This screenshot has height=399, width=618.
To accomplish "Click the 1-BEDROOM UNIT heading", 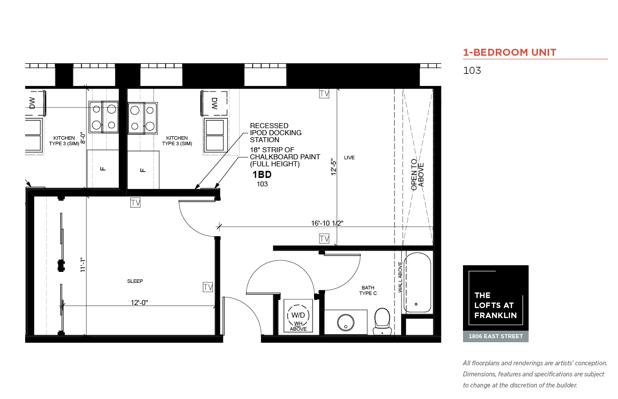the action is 509,52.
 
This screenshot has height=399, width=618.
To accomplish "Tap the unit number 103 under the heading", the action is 472,70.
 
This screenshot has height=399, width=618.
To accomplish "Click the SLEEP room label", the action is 135,281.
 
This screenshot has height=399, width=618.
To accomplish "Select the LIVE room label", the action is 349,158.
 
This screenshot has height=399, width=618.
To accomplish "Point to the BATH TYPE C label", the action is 368,290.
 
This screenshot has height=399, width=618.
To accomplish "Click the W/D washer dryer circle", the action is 298,315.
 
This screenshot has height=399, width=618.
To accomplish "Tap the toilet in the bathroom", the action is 382,321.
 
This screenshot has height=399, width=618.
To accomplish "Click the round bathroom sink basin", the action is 346,323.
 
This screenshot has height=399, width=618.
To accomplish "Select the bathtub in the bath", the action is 417,282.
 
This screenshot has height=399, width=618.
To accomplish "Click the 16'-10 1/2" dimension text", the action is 327,223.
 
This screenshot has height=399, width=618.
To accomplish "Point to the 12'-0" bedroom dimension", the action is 139,303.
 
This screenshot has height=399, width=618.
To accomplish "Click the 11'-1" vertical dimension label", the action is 83,265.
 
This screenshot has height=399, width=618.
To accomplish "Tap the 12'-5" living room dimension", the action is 334,167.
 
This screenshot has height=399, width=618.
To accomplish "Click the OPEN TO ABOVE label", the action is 417,175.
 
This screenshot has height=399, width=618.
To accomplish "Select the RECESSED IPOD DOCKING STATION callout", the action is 276,133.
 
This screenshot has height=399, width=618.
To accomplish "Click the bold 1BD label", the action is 262,174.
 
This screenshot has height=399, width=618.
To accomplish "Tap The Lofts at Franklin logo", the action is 496,298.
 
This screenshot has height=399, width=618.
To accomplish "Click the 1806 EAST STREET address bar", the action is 496,337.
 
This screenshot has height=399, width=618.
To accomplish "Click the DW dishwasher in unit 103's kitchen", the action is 214,104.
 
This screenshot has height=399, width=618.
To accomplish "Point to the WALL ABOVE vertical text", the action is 400,277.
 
